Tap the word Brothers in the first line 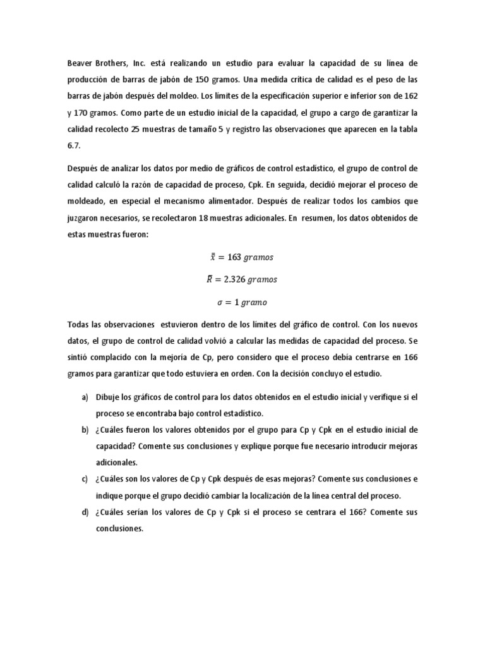(x=117, y=63)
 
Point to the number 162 (x=410, y=96)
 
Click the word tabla (x=407, y=129)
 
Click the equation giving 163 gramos (x=242, y=257)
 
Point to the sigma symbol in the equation (x=220, y=302)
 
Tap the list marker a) (x=85, y=397)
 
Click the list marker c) (x=85, y=479)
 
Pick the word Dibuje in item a (x=109, y=397)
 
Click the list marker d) (x=85, y=512)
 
